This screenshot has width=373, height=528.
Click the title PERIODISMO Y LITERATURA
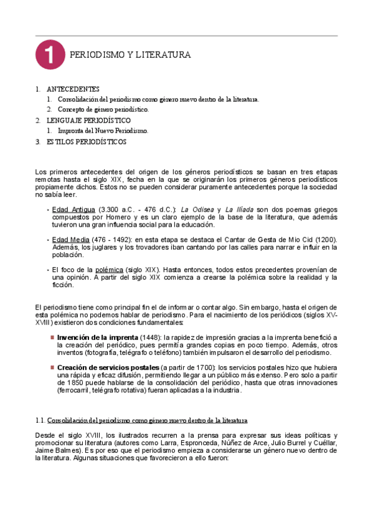[x=130, y=55]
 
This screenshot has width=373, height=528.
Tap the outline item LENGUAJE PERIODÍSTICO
[x=88, y=120]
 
